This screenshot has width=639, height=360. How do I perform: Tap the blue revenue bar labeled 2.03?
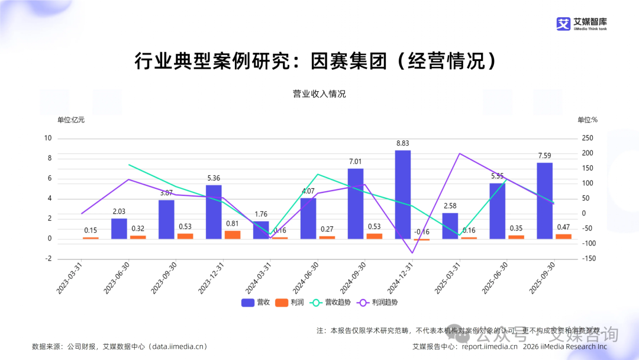pyautogui.click(x=119, y=228)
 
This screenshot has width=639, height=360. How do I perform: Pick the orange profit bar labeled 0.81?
pyautogui.click(x=233, y=234)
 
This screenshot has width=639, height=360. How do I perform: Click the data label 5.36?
pyautogui.click(x=214, y=178)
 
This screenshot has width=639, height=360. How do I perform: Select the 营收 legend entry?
pyautogui.click(x=256, y=303)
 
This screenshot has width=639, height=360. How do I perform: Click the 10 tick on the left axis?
pyautogui.click(x=48, y=138)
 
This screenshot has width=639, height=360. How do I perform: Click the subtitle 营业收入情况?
pyautogui.click(x=319, y=94)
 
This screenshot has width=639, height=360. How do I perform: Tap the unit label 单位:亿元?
pyautogui.click(x=70, y=120)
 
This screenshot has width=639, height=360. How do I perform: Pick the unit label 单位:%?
pyautogui.click(x=588, y=120)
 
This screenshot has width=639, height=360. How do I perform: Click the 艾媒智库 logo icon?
pyautogui.click(x=563, y=23)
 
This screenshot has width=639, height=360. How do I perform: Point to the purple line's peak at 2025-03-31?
pyautogui.click(x=460, y=154)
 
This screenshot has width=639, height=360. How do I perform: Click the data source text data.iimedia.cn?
pyautogui.click(x=177, y=346)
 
